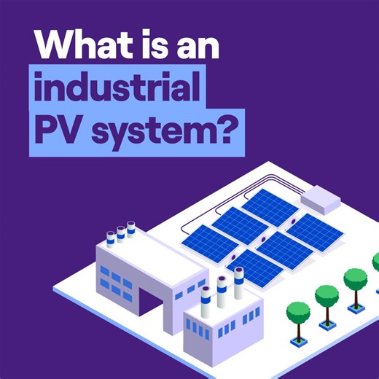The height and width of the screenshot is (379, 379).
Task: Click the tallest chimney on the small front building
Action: point(238,284)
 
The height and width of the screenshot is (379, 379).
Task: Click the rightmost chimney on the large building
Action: point(131,230)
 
